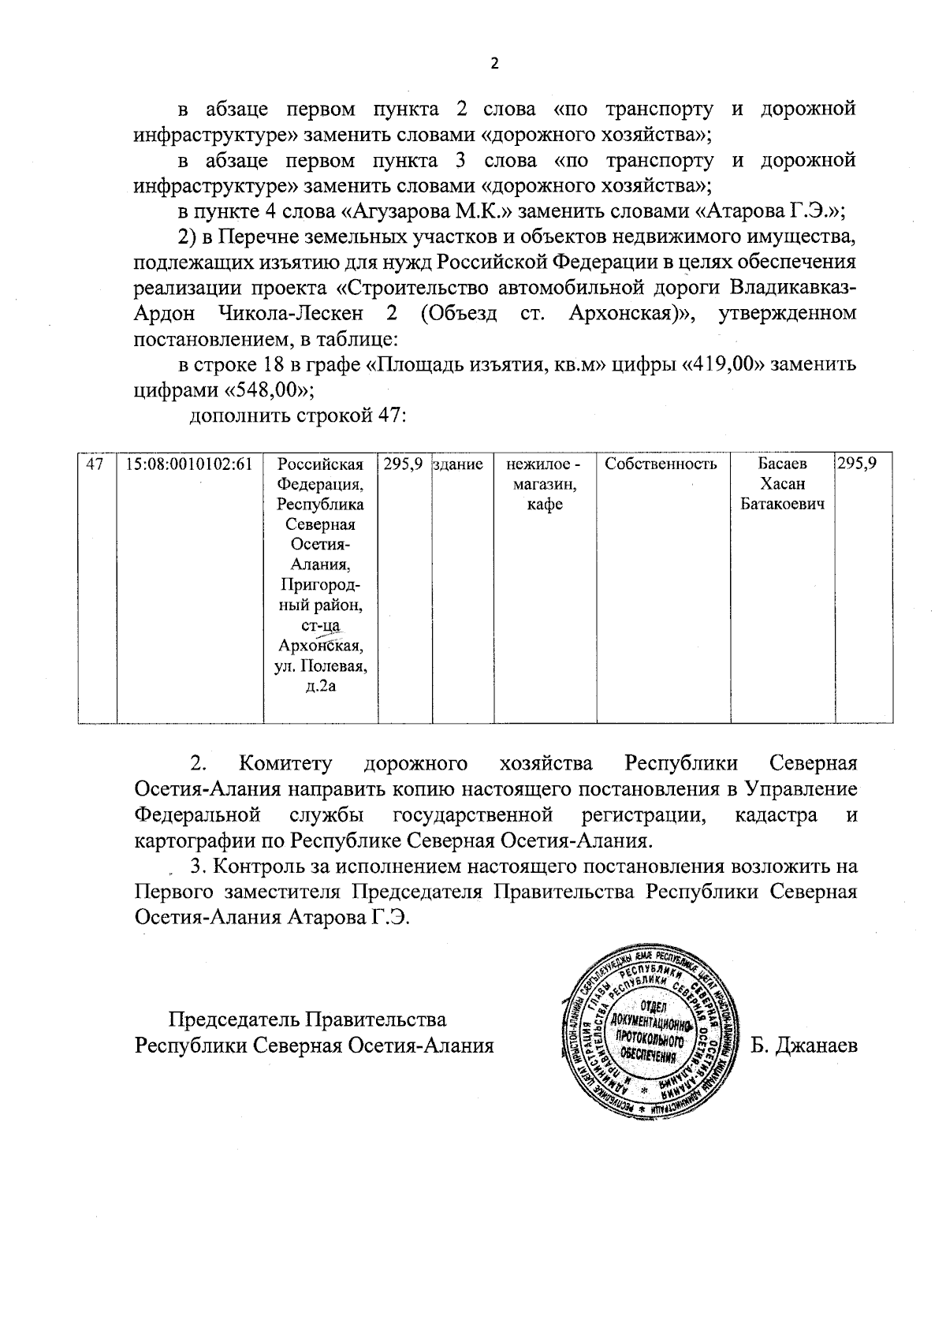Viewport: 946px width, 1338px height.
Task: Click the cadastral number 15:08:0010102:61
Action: [x=189, y=464]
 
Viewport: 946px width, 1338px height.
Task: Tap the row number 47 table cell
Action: [x=95, y=464]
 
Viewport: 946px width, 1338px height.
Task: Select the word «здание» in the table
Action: [x=458, y=465]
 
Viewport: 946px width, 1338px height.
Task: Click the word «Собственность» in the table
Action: [x=661, y=464]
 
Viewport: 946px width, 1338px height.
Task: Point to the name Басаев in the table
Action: [x=782, y=464]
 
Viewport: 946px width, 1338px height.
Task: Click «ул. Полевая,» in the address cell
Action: [x=321, y=667]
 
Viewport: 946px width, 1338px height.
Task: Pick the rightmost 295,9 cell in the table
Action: [x=857, y=464]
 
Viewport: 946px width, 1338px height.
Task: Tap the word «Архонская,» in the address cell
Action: [x=321, y=647]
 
